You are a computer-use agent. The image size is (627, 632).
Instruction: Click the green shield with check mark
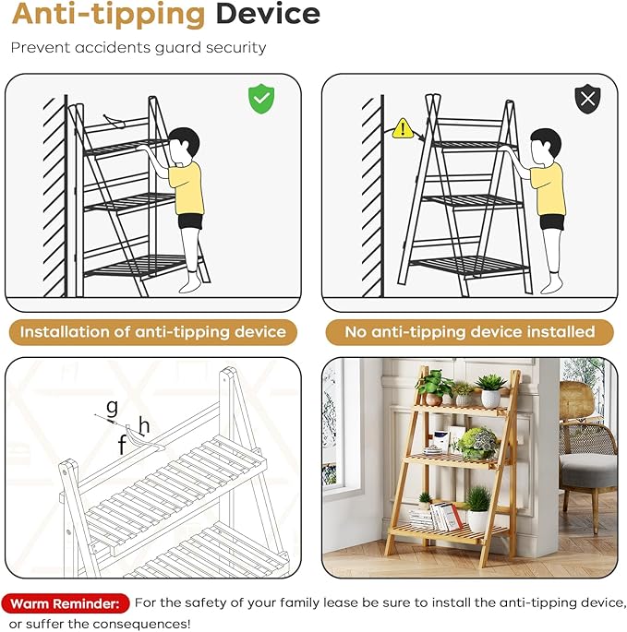(261, 99)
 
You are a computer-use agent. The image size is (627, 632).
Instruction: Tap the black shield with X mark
(587, 99)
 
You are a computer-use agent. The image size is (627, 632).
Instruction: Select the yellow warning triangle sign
(403, 128)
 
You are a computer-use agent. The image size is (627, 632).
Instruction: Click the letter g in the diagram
(112, 408)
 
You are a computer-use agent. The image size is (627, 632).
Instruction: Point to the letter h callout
(144, 425)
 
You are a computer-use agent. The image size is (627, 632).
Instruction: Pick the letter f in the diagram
(122, 445)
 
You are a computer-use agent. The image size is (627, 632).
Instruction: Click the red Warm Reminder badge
(65, 603)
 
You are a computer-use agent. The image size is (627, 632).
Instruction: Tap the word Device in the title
(268, 14)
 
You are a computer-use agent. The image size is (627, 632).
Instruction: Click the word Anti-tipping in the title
(109, 16)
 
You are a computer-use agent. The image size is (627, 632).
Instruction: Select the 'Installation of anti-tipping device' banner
(153, 332)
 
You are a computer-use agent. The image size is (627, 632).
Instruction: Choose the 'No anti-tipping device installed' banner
(470, 332)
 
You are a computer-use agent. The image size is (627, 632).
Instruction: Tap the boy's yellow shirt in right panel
(548, 188)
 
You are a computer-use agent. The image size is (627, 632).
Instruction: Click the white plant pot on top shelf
(490, 399)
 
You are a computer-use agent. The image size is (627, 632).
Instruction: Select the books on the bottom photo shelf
(436, 517)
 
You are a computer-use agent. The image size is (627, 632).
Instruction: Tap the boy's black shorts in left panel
(190, 221)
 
